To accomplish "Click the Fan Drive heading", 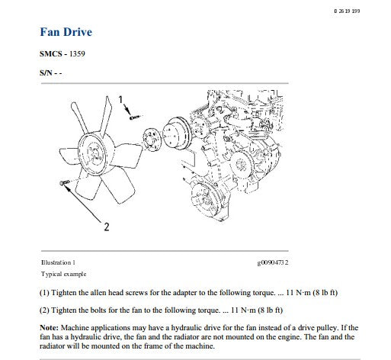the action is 66,32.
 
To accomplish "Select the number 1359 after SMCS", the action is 77,54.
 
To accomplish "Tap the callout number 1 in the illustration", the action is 120,99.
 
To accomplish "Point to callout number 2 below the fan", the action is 107,227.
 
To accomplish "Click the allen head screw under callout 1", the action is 134,117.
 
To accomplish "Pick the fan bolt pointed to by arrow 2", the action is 65,182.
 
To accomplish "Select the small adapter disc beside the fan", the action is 152,140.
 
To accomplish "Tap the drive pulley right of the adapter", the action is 176,134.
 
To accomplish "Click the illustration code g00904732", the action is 273,262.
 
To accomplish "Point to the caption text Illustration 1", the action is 58,262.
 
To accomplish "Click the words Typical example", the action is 63,274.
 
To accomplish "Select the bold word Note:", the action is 49,327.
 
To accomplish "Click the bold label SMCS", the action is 51,54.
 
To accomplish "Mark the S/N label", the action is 46,73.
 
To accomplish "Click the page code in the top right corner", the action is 347,11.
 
